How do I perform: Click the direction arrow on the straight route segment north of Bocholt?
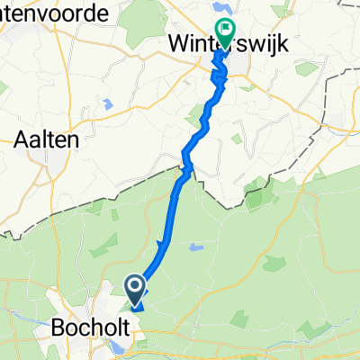click(x=162, y=245)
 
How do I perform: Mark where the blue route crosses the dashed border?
click(x=186, y=167)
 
